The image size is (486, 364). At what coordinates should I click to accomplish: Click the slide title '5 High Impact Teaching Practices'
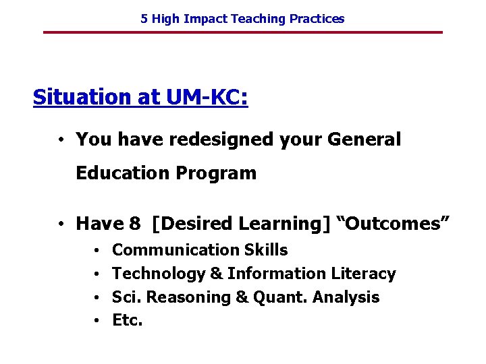(x=242, y=19)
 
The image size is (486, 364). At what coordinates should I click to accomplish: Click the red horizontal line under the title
(x=242, y=32)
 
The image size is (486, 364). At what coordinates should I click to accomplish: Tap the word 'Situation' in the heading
(x=82, y=98)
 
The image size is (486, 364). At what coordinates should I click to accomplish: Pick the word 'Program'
(x=216, y=174)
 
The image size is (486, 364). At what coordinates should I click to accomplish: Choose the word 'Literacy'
(x=363, y=274)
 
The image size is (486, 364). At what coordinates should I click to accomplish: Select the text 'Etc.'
(x=128, y=321)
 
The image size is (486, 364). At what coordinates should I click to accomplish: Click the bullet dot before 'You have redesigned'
(x=61, y=140)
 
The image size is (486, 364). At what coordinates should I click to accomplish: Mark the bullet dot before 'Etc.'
(x=98, y=322)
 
